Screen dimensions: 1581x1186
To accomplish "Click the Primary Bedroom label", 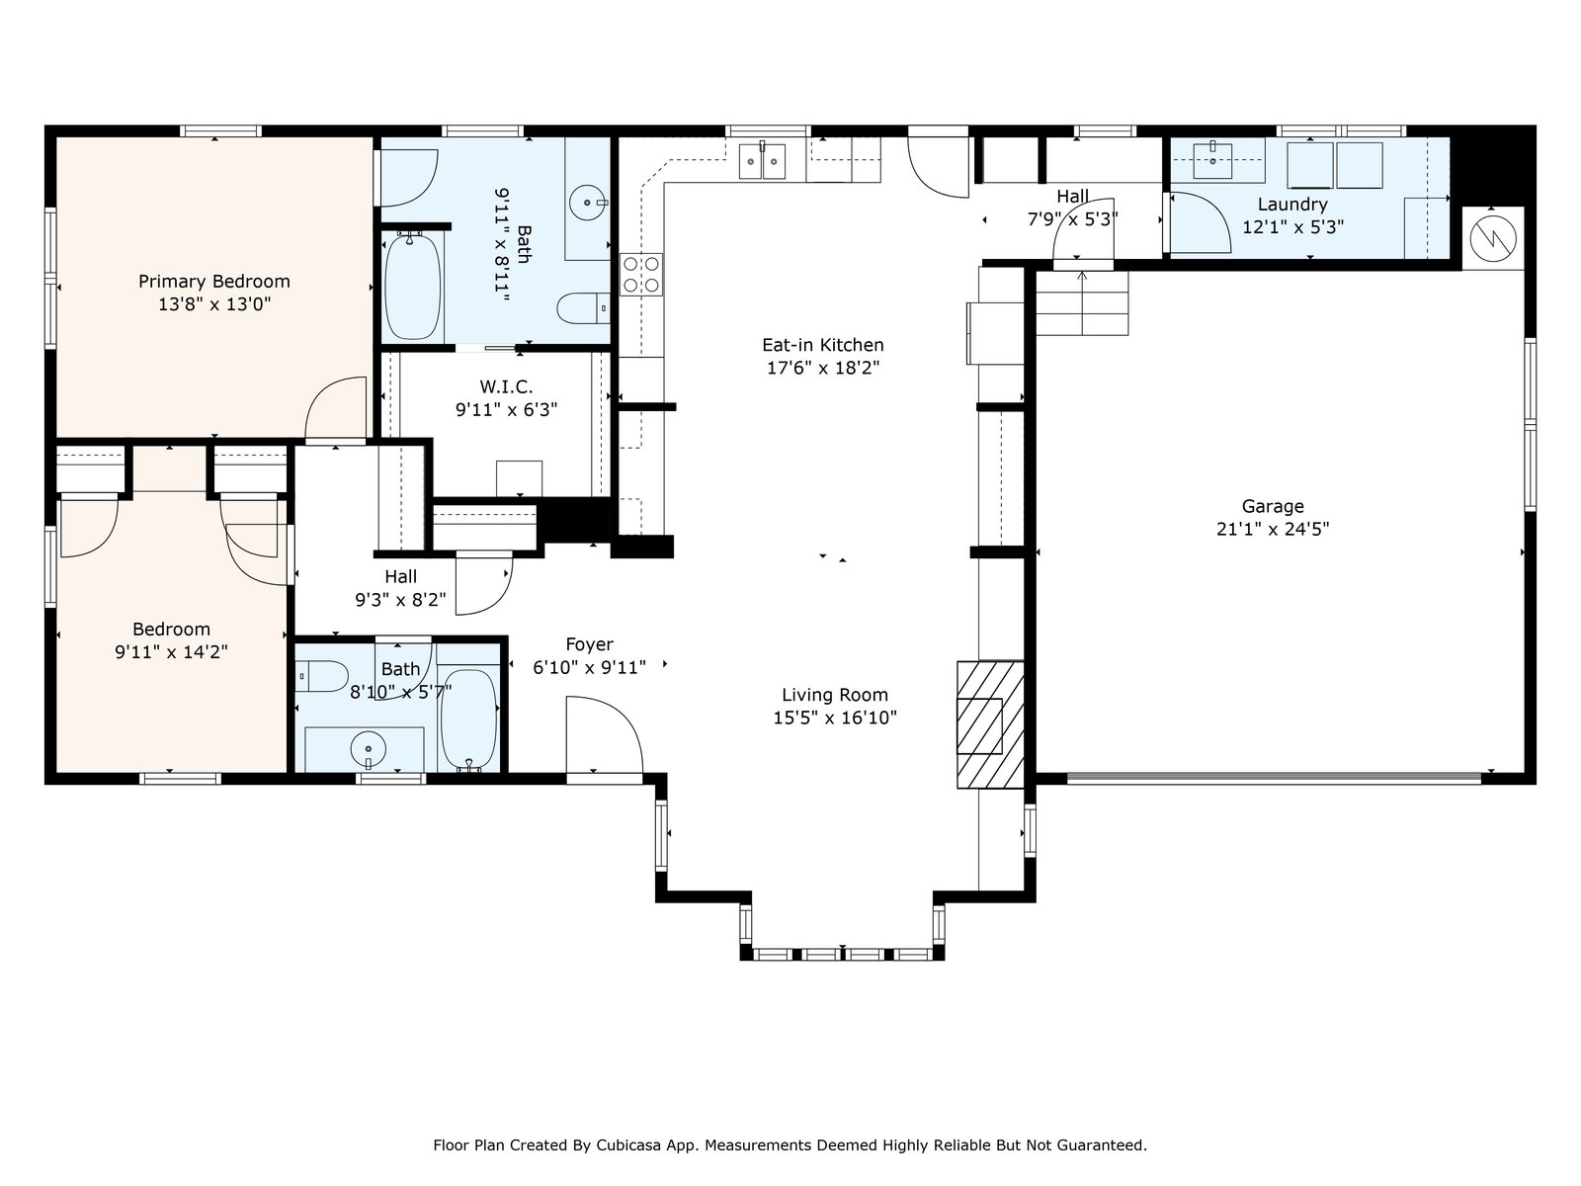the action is tap(213, 281).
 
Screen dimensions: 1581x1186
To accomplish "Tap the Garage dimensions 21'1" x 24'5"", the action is tap(1272, 530).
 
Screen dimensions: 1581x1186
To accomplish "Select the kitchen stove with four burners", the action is tap(641, 275).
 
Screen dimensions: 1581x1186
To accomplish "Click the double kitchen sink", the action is tap(762, 160).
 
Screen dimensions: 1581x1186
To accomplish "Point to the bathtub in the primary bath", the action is tap(413, 286).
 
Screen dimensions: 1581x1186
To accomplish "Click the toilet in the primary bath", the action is tap(583, 308).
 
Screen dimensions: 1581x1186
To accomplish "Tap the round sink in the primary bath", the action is tap(588, 203).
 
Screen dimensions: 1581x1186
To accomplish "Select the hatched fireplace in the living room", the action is tap(990, 725).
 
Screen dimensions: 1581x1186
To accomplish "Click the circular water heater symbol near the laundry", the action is tap(1493, 238).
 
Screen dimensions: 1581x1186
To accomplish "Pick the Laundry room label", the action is tap(1292, 205).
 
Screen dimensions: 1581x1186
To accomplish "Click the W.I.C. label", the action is tap(506, 386).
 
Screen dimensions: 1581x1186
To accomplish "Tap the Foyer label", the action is tap(589, 644).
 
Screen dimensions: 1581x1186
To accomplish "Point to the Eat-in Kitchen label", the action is tap(822, 345).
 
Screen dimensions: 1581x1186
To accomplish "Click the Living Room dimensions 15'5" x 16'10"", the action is tap(835, 718).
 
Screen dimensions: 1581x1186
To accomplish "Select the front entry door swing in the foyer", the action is tap(604, 736).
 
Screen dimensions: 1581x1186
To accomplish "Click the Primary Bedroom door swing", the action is tap(336, 408).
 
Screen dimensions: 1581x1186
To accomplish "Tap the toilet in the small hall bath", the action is tap(323, 677).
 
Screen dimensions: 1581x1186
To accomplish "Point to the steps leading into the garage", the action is tap(1082, 303).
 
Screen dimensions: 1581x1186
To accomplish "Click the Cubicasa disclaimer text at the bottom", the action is tap(790, 1144).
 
